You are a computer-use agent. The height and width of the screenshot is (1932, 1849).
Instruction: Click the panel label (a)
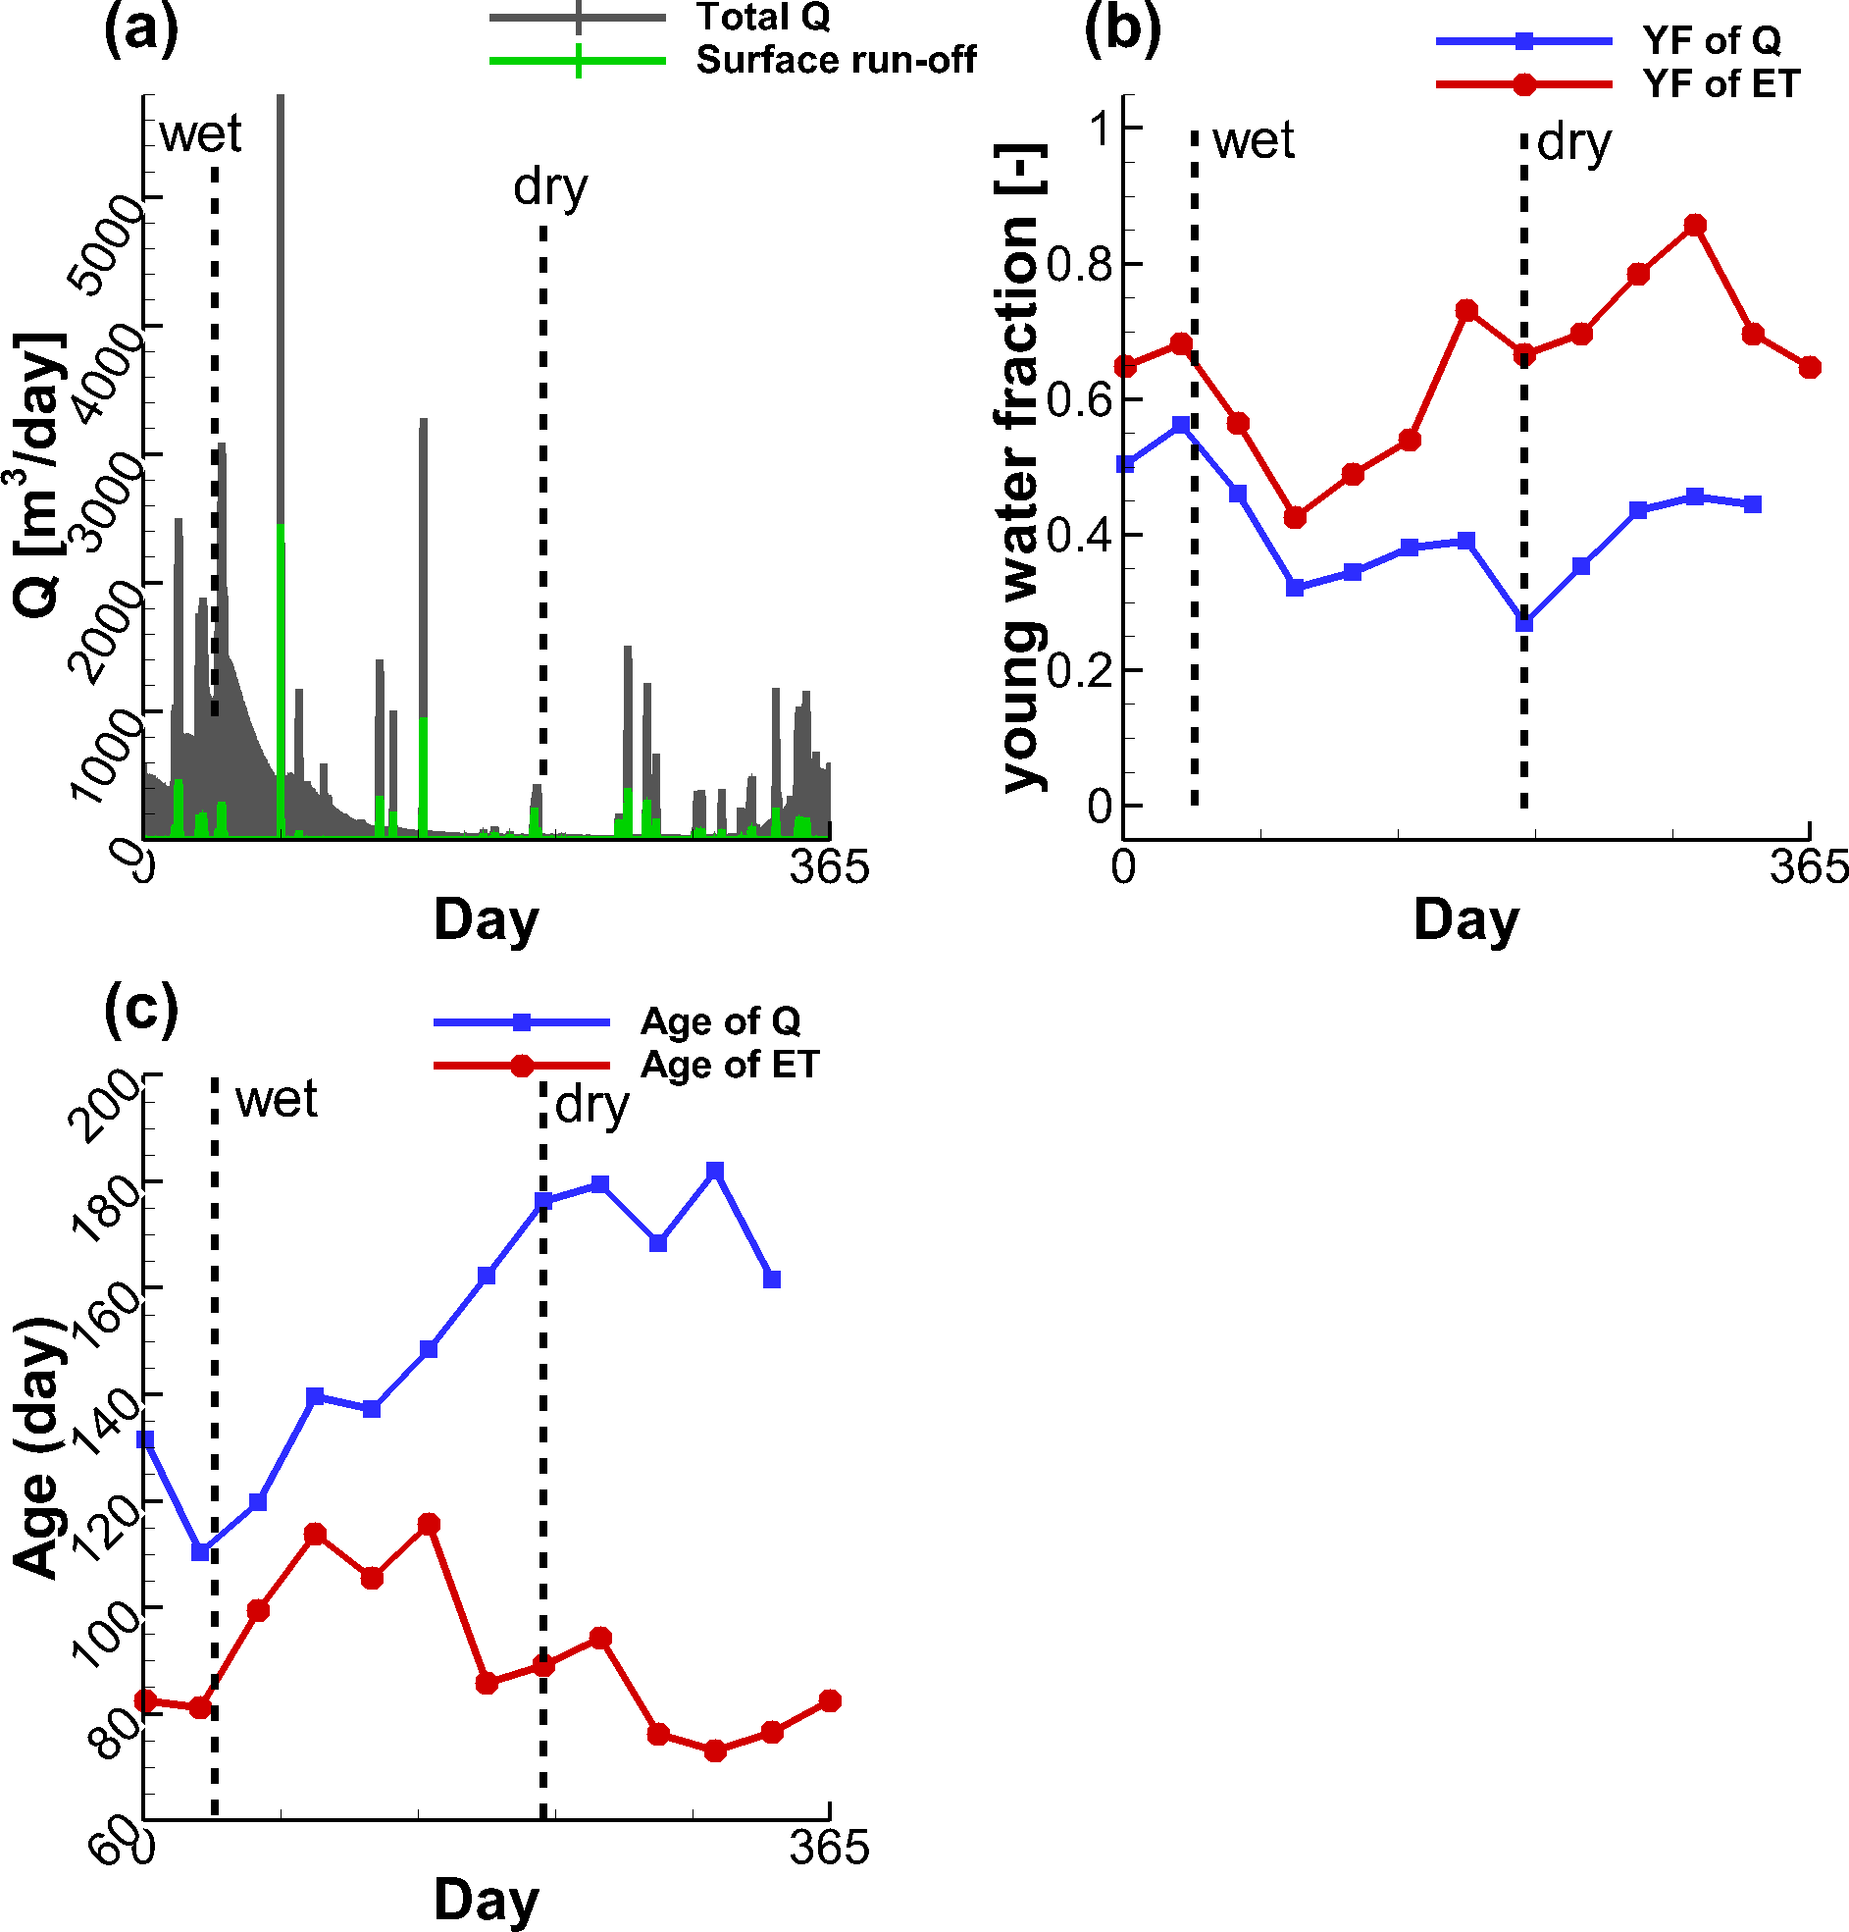[141, 29]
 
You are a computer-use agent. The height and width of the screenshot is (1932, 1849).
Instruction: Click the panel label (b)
[1122, 29]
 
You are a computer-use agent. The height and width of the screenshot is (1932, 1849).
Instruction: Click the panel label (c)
[141, 1010]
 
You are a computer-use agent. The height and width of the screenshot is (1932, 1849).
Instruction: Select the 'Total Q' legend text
[763, 17]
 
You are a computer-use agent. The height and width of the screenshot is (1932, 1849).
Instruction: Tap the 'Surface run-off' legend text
[836, 60]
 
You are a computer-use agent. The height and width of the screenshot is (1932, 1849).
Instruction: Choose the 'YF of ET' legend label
[1721, 84]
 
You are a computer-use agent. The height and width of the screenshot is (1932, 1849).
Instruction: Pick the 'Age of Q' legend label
[721, 1021]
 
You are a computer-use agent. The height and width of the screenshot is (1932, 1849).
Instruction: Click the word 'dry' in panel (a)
[550, 186]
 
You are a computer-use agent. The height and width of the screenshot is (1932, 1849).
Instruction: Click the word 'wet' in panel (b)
[1253, 141]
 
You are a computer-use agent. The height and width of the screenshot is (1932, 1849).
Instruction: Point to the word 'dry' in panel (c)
[591, 1104]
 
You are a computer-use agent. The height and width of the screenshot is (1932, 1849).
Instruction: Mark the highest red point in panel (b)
[1695, 226]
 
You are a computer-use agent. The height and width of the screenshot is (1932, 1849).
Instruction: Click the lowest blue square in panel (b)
[1523, 624]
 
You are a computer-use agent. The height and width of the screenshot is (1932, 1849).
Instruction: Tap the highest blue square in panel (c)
[715, 1170]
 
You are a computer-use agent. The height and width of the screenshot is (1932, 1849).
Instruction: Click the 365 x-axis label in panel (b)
[1808, 867]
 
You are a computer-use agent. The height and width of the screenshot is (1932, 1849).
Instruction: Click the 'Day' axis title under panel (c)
[486, 1899]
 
